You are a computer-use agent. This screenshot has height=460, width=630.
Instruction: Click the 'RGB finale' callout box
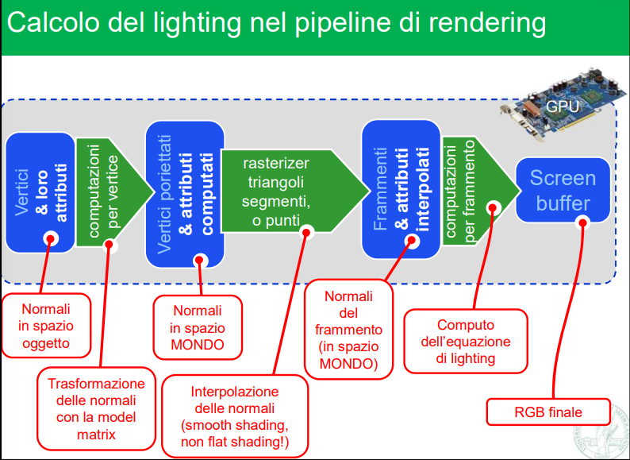pos(547,412)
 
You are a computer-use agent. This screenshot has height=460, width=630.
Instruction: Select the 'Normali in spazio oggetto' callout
pos(45,327)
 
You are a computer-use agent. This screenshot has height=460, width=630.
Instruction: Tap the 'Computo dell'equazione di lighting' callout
pos(465,341)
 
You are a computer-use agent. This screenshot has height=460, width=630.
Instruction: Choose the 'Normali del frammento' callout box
pos(348,330)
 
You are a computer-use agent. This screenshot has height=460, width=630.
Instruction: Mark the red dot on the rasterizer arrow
pos(306,231)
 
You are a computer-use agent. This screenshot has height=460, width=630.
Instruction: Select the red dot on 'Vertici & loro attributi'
pos(51,238)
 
